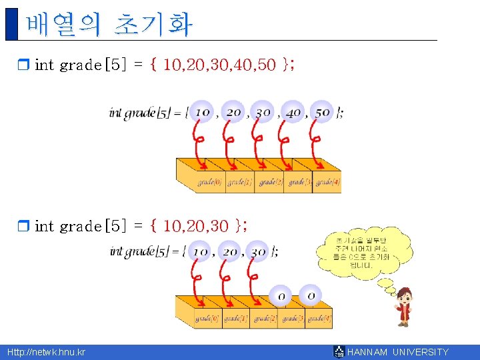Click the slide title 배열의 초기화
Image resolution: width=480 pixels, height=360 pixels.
point(109,25)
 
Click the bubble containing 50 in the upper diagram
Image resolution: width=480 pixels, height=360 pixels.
point(323,112)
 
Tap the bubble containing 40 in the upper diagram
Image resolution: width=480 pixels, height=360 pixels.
point(293,112)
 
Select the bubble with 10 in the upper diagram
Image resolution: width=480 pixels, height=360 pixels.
point(202,112)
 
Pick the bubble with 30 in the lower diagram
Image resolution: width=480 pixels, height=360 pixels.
point(258,252)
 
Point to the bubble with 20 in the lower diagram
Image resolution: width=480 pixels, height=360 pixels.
point(229,252)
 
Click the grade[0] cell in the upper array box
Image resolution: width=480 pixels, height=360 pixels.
point(210,182)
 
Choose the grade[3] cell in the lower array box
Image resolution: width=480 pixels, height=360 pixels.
point(291,319)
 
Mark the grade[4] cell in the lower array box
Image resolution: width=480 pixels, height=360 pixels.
point(319,319)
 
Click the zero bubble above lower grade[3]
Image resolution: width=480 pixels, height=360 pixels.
point(281,295)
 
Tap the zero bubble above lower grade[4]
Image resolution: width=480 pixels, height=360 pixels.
point(310,294)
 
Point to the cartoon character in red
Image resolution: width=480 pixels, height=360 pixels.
point(404,307)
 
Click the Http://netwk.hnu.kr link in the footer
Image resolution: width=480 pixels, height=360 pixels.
point(46,352)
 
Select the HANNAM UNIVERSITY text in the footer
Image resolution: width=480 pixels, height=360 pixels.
point(398,352)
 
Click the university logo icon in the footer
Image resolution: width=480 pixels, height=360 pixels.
point(339,352)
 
